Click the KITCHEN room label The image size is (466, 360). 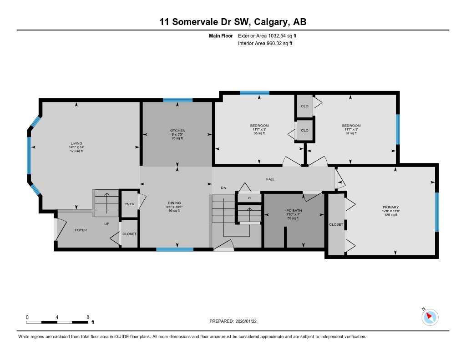pos(177,131)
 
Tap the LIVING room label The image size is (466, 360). pos(76,143)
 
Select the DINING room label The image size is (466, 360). pos(174,203)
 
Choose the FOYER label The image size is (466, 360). pos(81,230)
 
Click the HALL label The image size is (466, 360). pos(270,179)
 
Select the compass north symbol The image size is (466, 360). pos(430,317)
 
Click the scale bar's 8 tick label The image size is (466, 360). pos(88,317)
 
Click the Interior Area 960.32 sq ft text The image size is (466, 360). pos(265,44)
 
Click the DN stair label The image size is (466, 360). pos(223,188)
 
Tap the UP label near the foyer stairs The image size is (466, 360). pos(106,224)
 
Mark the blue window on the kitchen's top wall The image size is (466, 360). pos(178,100)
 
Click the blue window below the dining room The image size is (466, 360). pos(175,249)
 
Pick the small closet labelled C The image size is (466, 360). pos(249,198)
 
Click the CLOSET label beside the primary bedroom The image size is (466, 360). pos(336,224)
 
